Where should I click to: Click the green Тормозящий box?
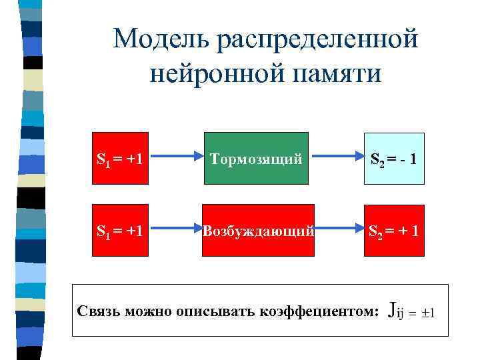pyautogui.click(x=256, y=159)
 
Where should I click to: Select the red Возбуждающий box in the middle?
pyautogui.click(x=258, y=230)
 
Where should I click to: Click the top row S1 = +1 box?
pyautogui.click(x=119, y=159)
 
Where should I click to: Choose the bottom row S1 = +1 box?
pyautogui.click(x=119, y=230)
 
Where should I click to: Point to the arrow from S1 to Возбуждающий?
pyautogui.click(x=175, y=230)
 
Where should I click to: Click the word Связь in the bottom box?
pyautogui.click(x=97, y=311)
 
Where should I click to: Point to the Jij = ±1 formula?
pyautogui.click(x=411, y=311)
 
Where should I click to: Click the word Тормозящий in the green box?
pyautogui.click(x=256, y=159)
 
